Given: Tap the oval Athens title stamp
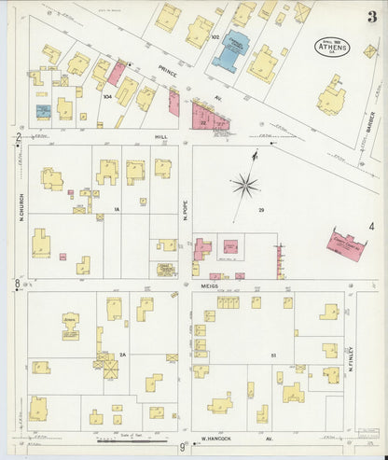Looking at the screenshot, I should point(332,47).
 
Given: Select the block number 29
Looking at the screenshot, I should point(261,211).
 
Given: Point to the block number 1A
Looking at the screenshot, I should point(117,210).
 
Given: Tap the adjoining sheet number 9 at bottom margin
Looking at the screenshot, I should point(182,449).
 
